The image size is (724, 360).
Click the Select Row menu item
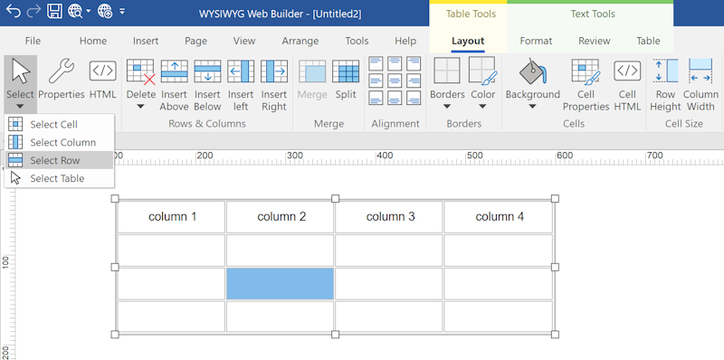coord(56,160)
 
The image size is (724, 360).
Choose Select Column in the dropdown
coord(62,142)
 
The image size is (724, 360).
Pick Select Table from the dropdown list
coord(57,178)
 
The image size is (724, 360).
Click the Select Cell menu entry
coord(53,124)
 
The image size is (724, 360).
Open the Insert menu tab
coord(146,41)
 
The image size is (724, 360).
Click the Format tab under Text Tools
coord(536,41)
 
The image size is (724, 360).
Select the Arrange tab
coord(300,41)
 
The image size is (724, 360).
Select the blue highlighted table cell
coord(280,283)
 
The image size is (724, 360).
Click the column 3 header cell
coord(390,217)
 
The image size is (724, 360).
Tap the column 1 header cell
coord(171,217)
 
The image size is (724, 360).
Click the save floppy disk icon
coord(54,13)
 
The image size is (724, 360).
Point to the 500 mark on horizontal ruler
coord(475,157)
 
